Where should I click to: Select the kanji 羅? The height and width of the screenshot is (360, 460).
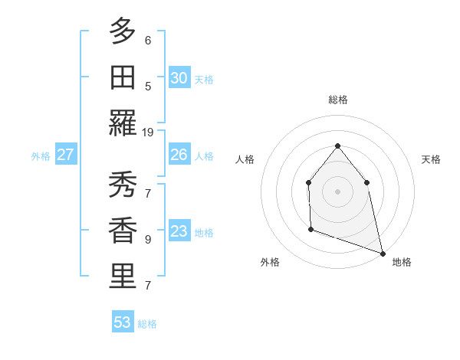123,123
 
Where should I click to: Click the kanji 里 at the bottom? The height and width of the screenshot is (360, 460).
123,277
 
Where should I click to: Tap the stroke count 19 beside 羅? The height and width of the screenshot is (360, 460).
148,133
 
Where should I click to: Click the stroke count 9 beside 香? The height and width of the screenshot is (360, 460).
148,239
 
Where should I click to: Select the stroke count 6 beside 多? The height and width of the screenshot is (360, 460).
148,40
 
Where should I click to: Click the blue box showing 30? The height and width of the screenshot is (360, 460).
179,78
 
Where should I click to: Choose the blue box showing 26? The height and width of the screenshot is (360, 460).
179,155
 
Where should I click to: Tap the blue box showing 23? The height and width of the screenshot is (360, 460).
179,231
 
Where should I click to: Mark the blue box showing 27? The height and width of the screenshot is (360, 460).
65,155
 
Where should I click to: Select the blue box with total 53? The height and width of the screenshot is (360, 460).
123,322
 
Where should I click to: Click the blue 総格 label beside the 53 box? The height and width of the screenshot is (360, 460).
147,324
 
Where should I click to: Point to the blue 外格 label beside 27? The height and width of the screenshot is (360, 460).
41,156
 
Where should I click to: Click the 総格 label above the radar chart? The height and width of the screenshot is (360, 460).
337,100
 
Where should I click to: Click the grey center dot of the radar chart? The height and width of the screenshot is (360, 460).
337,191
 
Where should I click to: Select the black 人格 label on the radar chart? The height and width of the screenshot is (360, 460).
245,159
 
